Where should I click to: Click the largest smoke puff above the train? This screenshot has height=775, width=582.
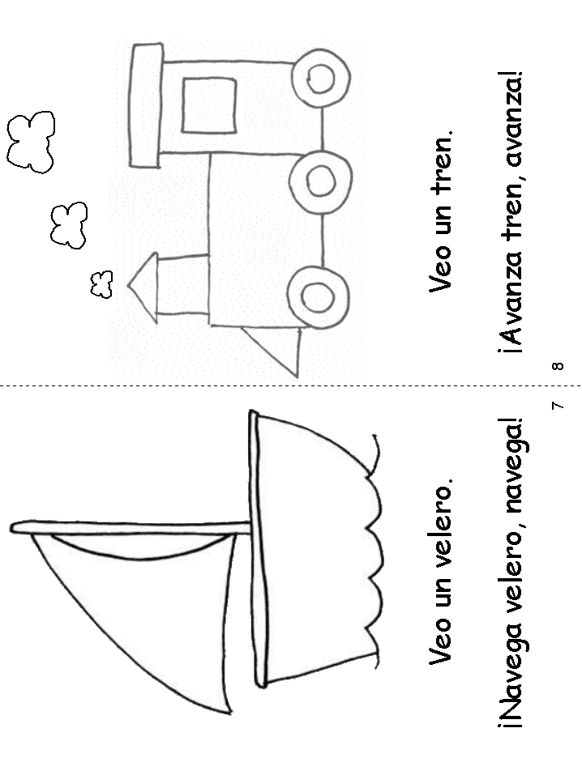click(x=31, y=142)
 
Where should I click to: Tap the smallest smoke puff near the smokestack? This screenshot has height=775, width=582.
click(x=101, y=285)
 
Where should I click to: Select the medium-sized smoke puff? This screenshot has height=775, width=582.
click(x=69, y=225)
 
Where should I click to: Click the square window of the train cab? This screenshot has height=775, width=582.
click(x=209, y=105)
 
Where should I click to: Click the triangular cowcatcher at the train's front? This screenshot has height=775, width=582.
click(x=276, y=351)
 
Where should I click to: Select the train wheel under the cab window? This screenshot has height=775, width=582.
click(x=321, y=78)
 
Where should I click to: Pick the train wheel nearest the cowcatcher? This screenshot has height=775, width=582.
click(x=319, y=297)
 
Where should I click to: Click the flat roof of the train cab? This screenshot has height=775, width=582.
click(x=147, y=104)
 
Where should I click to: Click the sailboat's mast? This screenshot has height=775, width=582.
click(x=131, y=528)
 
